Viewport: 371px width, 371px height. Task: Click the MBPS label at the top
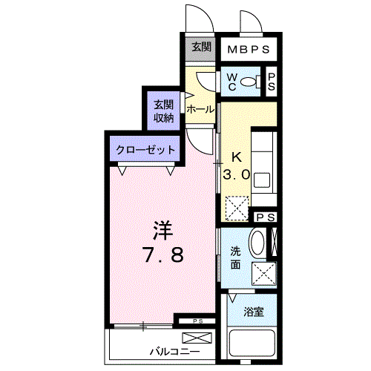tap(248, 50)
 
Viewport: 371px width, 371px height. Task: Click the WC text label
tap(232, 82)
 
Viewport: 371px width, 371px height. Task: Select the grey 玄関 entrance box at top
tap(200, 47)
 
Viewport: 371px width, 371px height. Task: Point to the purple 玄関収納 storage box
tap(162, 109)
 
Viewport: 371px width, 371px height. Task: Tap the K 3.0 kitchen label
tap(237, 167)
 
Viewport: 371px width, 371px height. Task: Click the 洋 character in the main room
tap(163, 227)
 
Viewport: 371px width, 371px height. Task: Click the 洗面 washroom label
tap(234, 257)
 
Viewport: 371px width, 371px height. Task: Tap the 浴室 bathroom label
tap(255, 312)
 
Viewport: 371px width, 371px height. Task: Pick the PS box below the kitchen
tap(265, 217)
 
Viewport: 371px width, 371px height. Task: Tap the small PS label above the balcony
tap(197, 321)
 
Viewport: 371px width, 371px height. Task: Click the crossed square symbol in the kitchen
tap(237, 207)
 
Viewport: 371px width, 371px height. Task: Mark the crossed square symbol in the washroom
tap(263, 273)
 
